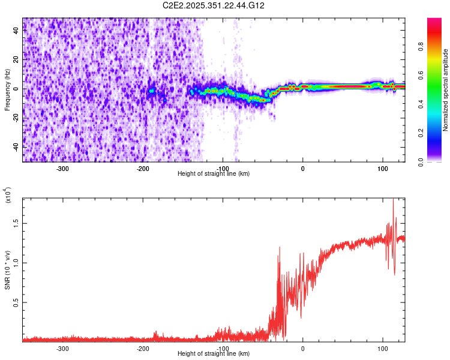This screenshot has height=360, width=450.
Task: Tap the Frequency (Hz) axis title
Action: coord(7,89)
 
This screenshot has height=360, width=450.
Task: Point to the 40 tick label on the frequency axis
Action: coord(16,32)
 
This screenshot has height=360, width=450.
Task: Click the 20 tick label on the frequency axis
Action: coord(16,61)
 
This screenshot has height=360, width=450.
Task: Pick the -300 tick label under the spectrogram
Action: coord(63,168)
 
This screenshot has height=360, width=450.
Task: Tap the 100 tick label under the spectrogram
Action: coord(382,168)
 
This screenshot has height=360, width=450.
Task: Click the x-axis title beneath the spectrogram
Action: coord(214,174)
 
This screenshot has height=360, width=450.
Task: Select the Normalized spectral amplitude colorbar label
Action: coord(446,89)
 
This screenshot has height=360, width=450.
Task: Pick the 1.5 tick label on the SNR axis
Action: coord(16,223)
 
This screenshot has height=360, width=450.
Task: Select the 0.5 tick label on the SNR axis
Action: coord(16,302)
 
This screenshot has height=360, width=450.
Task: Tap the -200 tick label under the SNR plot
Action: coord(142,348)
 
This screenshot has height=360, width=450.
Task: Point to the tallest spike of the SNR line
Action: coord(393,200)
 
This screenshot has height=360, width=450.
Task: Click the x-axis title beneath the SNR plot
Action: coord(214,354)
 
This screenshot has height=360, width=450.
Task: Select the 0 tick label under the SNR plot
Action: coord(302,348)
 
